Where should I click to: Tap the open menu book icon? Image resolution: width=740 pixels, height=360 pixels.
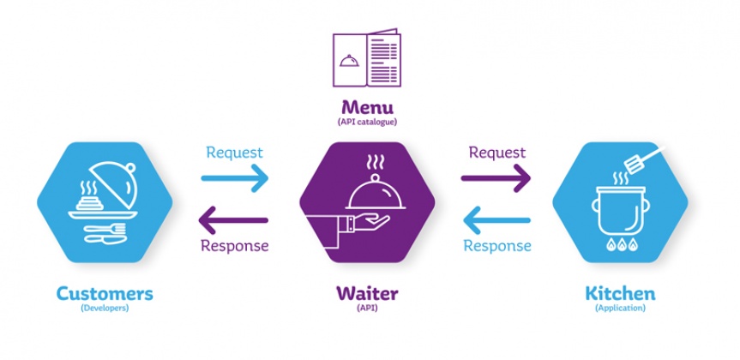[x=368, y=58]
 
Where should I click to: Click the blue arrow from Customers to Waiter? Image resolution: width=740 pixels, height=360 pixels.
[x=234, y=178]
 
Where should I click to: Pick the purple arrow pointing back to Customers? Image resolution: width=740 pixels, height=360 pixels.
[x=234, y=220]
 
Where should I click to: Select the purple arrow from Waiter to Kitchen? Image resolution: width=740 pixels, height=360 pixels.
[x=496, y=178]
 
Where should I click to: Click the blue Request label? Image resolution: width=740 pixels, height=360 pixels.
[x=234, y=153]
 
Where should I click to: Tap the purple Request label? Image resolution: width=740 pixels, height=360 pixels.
[x=496, y=153]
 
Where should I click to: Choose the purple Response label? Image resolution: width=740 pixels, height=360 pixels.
[x=234, y=246]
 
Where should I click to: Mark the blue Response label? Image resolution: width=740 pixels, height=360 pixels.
[x=496, y=246]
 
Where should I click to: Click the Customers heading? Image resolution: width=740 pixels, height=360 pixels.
[x=105, y=294]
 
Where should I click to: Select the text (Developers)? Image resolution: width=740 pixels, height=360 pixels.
[x=105, y=309]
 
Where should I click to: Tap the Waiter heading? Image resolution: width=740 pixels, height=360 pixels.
[x=367, y=294]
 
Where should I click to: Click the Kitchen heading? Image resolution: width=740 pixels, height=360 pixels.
[x=619, y=294]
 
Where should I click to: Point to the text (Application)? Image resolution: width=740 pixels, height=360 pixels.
[x=619, y=309]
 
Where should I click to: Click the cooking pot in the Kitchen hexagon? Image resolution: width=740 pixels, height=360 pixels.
[x=617, y=213]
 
